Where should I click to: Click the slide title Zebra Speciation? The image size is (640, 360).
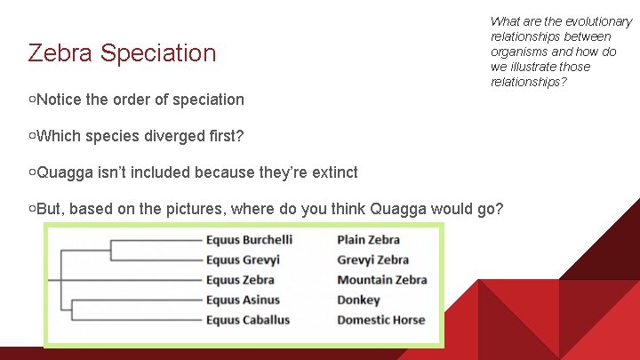tap(122, 53)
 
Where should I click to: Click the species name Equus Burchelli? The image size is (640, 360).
tap(249, 240)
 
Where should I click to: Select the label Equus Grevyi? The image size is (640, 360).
tap(243, 260)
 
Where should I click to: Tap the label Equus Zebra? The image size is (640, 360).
tap(240, 280)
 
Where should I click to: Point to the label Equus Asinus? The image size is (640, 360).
tap(243, 300)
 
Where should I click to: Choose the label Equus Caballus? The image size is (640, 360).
tap(248, 320)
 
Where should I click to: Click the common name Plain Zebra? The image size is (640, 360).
tap(368, 240)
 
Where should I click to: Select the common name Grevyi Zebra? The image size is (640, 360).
tap(372, 260)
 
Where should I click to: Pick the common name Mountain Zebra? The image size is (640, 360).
tap(381, 280)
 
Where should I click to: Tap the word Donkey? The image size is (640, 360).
tap(358, 300)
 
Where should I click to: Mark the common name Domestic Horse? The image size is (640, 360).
tap(380, 320)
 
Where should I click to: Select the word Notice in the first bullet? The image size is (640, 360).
tap(60, 100)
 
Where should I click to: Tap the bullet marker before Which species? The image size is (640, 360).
tap(32, 136)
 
